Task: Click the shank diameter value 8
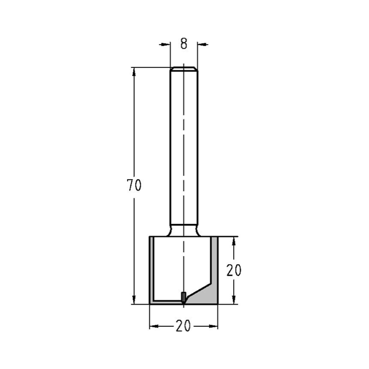(184, 44)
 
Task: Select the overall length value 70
(134, 186)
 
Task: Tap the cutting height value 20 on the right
(234, 270)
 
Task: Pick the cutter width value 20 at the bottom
(183, 326)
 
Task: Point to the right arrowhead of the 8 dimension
(202, 45)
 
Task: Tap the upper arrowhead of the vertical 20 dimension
(234, 241)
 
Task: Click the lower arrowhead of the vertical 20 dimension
(234, 300)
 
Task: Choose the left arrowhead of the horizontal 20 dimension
(154, 326)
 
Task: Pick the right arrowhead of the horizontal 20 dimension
(213, 326)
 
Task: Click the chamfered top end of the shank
(183, 69)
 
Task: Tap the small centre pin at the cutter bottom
(183, 296)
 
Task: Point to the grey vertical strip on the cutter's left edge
(151, 269)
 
